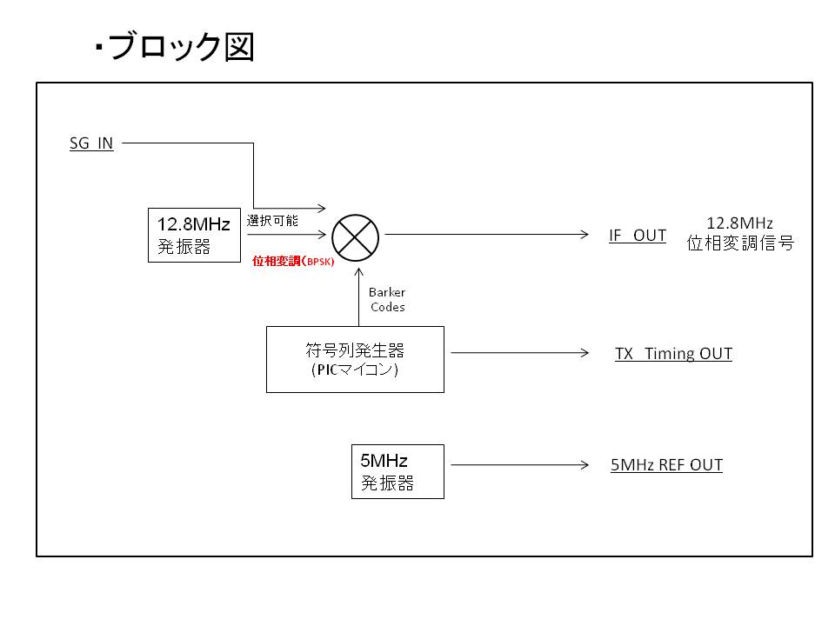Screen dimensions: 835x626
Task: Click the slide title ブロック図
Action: point(181,47)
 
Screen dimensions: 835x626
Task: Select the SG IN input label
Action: point(91,143)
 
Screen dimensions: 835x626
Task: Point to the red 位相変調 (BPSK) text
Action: point(293,261)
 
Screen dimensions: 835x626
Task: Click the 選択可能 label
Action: point(272,220)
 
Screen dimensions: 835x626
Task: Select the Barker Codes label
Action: point(387,300)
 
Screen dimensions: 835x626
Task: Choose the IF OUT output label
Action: point(638,236)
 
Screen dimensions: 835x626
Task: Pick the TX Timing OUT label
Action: point(673,354)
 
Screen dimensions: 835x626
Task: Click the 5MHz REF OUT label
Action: point(667,464)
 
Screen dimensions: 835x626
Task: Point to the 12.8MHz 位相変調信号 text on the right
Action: point(740,233)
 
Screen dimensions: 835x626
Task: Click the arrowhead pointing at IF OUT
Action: point(584,234)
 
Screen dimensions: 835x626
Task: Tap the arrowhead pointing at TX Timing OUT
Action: point(584,352)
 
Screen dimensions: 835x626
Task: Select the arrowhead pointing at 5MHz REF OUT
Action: point(584,464)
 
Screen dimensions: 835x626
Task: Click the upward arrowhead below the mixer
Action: point(359,272)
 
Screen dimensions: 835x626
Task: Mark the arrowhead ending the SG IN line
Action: point(322,208)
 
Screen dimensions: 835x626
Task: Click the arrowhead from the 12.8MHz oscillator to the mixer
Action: point(322,234)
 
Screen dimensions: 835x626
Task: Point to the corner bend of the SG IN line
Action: point(253,143)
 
